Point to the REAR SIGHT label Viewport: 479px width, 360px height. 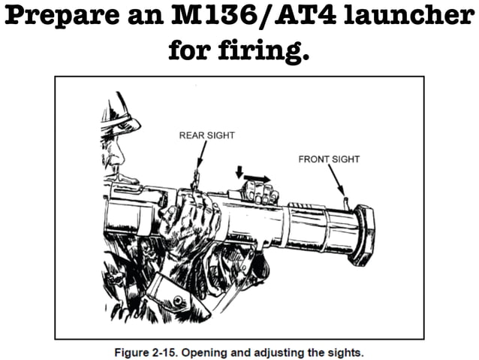(206, 136)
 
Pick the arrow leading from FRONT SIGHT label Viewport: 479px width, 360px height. (338, 181)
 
